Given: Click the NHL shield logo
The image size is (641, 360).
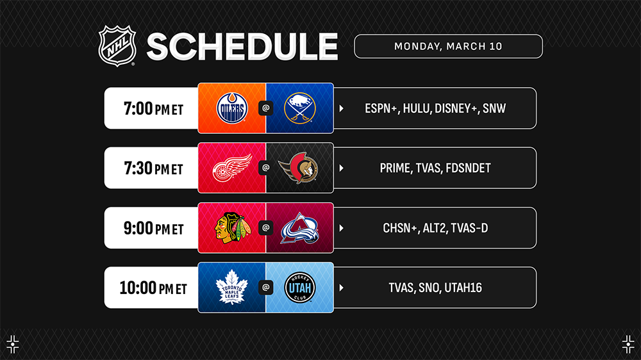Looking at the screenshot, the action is (117, 45).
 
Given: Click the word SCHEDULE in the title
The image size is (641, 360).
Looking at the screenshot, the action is (242, 47).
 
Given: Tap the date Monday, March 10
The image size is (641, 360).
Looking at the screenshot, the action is (448, 46).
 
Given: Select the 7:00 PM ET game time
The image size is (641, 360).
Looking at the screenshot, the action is (153, 109).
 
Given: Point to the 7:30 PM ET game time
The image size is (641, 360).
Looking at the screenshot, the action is (153, 168).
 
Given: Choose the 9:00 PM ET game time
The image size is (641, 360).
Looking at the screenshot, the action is (153, 228).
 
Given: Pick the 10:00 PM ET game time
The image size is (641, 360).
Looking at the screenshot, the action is (153, 288).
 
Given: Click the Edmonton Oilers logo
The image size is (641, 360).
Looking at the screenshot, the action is (232, 108).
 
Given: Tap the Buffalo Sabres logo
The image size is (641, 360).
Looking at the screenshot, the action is (299, 108).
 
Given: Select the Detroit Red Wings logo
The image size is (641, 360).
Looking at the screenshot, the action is (232, 168).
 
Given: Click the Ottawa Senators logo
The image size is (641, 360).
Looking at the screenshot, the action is (299, 168).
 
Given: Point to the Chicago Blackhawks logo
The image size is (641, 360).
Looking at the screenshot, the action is (232, 227).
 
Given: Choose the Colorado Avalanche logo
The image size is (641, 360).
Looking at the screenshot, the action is (299, 228).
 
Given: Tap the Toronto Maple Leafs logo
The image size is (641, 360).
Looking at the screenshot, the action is (232, 287).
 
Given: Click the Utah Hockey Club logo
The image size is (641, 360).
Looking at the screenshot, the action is (299, 288).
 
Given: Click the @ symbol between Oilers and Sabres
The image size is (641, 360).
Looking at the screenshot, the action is (266, 108).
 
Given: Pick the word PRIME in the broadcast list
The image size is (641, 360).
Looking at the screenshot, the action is (395, 168).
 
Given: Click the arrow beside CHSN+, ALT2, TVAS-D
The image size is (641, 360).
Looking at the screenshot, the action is (342, 228).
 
